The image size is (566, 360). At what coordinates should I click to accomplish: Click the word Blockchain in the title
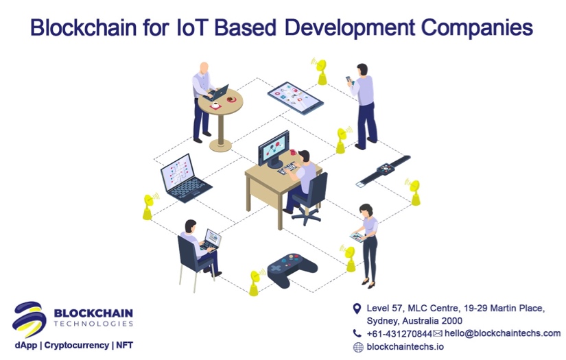coord(85,27)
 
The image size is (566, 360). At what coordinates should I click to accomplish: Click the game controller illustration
coord(288,269)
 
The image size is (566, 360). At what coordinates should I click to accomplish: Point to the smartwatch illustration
coord(383,171)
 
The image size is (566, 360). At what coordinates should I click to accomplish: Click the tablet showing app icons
coord(295,97)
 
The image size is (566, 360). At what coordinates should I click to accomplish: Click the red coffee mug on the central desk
coord(294,153)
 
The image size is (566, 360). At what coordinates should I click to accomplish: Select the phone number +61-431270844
coord(399,333)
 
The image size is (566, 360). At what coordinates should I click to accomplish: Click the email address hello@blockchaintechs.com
coord(502,333)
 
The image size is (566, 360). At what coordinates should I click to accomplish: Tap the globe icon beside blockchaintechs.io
coord(357,347)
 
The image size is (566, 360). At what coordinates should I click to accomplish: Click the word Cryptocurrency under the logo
coord(76,345)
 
